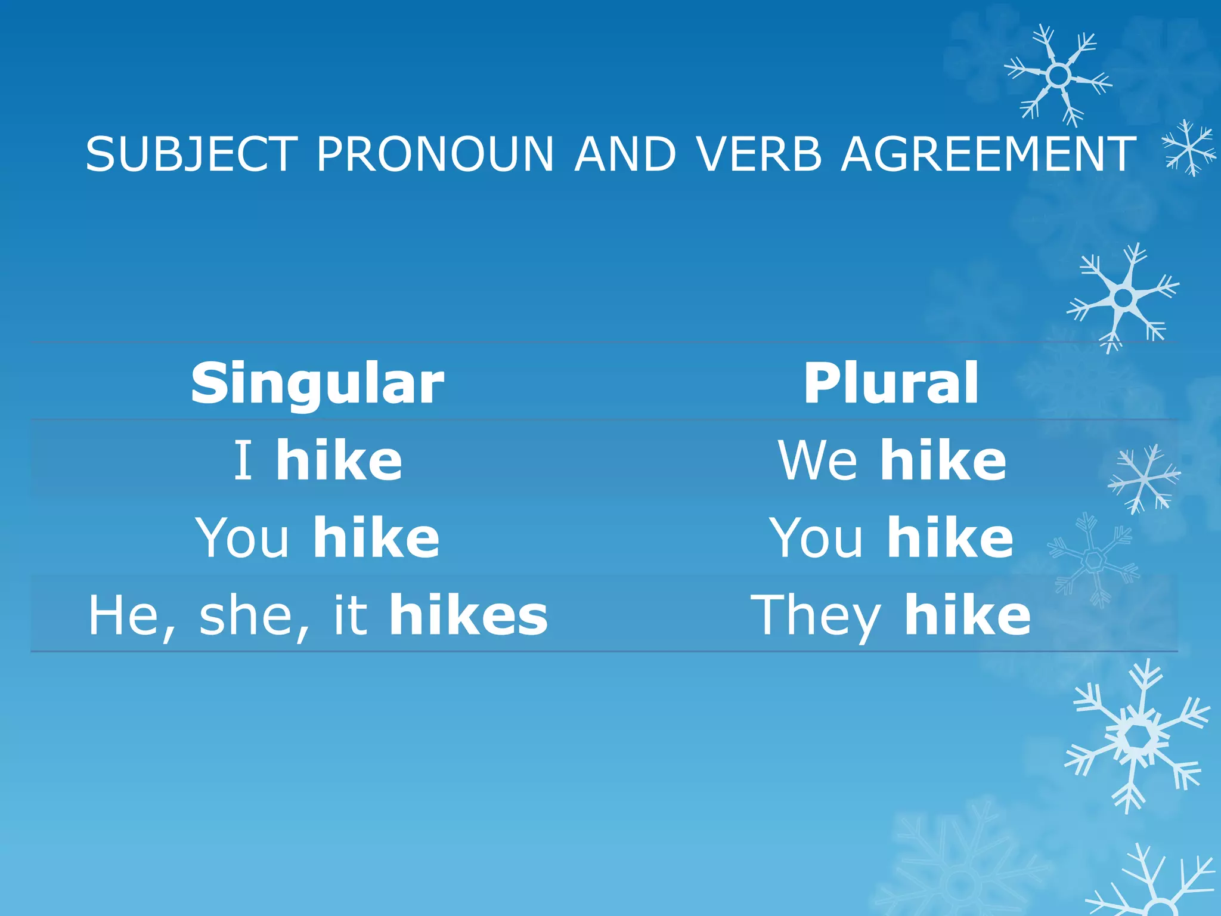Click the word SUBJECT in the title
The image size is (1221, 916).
coord(191,154)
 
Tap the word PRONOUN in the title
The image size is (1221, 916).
coord(435,154)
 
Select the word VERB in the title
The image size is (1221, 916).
coord(760,154)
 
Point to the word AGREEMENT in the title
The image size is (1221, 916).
coord(988,154)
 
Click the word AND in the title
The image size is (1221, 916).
coord(625,154)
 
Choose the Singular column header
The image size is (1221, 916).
coord(317,383)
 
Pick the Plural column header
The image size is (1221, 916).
coord(891,383)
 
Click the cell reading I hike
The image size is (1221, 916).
coord(317,460)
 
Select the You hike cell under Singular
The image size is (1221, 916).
coord(317,537)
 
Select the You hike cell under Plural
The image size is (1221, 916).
coord(891,537)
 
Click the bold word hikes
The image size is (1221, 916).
coord(468,615)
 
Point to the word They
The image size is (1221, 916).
coord(816,616)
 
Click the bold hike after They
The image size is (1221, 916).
coord(967,615)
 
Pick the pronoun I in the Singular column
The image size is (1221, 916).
coord(243,460)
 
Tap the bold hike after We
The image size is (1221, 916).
coord(943,460)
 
